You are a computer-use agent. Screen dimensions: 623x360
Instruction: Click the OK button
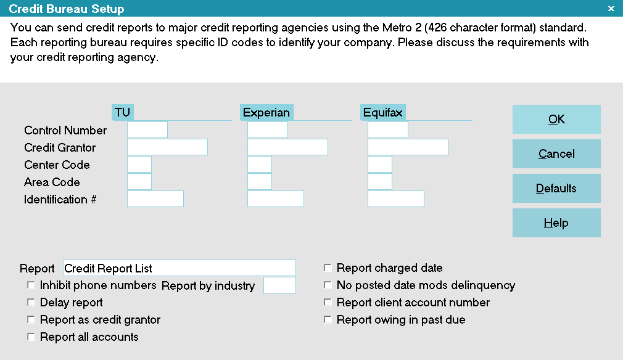tap(556, 119)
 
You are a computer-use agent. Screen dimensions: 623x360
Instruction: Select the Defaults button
tap(556, 188)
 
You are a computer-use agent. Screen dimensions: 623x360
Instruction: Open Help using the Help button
tap(556, 223)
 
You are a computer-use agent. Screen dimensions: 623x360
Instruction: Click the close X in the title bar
tap(611, 9)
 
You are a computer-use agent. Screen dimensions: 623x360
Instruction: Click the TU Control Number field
tap(147, 130)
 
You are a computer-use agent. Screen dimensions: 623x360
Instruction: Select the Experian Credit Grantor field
tap(287, 147)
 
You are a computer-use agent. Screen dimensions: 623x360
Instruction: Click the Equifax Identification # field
tap(396, 199)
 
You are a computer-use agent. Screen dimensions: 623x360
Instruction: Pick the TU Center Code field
tap(139, 165)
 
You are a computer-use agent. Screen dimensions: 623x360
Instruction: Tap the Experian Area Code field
tap(260, 181)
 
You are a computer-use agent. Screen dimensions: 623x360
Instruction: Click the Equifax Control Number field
tap(388, 130)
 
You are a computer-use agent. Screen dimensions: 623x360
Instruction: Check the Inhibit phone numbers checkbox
tap(31, 285)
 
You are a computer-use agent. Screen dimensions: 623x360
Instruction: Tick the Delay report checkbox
tap(31, 302)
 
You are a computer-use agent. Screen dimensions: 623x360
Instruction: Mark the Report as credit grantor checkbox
tap(31, 319)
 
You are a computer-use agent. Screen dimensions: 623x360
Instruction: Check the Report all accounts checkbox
tap(31, 337)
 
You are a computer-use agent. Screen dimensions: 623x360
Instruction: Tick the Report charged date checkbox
tap(328, 268)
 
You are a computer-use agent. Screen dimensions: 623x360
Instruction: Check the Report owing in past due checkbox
tap(328, 319)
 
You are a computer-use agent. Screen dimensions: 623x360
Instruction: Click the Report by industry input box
tap(279, 285)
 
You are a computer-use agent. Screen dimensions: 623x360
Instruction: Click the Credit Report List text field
tap(179, 268)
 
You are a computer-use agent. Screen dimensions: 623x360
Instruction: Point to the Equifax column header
tap(382, 112)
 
